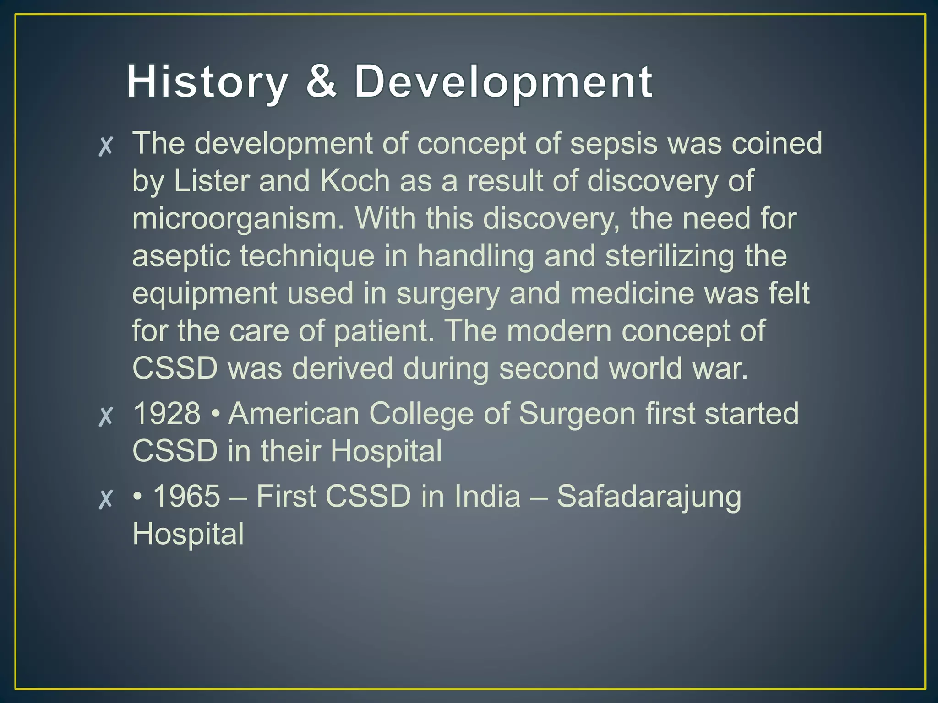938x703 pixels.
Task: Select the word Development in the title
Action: pos(503,82)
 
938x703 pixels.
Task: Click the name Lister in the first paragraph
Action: pos(211,181)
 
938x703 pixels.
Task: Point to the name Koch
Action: pos(354,181)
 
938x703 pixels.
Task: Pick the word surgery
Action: pos(447,294)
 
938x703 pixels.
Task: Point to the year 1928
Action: pos(167,413)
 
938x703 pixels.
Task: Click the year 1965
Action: pos(186,496)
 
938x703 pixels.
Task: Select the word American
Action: pos(294,413)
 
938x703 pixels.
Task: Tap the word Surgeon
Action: pos(577,414)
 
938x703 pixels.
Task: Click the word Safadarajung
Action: pos(649,497)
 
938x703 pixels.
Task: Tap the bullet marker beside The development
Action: pos(106,146)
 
